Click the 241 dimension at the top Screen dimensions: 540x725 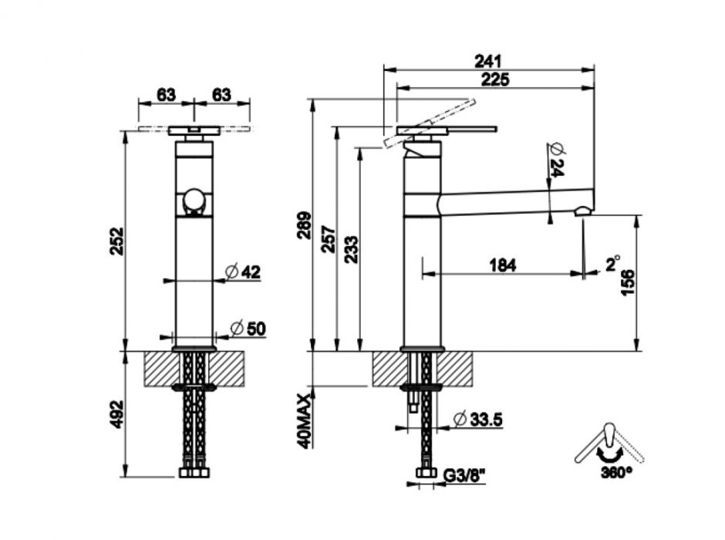coord(489,60)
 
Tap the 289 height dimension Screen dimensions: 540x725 coord(304,225)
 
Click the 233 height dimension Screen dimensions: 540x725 coord(350,250)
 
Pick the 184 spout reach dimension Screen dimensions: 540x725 coord(502,265)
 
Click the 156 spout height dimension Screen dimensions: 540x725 coord(628,283)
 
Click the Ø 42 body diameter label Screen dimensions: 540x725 coord(243,272)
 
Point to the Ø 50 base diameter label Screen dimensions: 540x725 coord(248,329)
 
